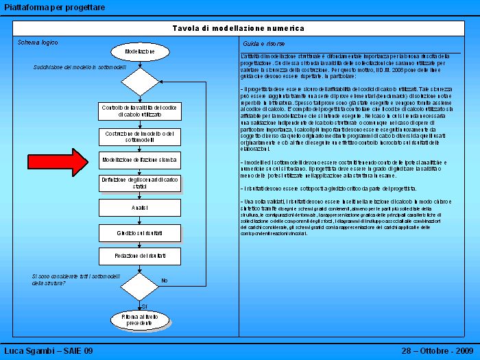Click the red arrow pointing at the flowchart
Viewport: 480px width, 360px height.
coord(71,162)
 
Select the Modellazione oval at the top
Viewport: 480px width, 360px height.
coord(140,52)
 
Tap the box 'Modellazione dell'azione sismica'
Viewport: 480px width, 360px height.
coord(140,160)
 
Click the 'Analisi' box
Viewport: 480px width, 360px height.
coord(140,207)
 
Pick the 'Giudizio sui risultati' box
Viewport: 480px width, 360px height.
coord(140,233)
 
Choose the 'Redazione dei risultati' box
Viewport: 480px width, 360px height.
coord(140,256)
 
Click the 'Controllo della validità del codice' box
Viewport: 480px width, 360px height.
coord(140,111)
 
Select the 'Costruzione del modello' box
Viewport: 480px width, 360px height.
coord(140,136)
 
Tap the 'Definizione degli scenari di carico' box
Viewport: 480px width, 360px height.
coord(140,183)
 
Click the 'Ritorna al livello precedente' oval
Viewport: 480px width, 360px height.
coord(140,320)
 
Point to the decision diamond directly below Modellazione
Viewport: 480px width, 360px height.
coord(140,82)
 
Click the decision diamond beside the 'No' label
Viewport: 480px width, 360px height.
coord(140,286)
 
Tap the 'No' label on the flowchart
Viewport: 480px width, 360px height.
coord(165,280)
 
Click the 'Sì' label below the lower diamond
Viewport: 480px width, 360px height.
coord(144,305)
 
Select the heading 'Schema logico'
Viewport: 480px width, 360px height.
coord(38,43)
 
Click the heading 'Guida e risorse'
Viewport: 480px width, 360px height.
coord(259,43)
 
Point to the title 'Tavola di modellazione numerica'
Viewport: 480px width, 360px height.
coord(239,28)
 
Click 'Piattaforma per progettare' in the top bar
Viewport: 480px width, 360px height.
coord(55,7)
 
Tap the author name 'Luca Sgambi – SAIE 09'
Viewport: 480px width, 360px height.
coord(49,351)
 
